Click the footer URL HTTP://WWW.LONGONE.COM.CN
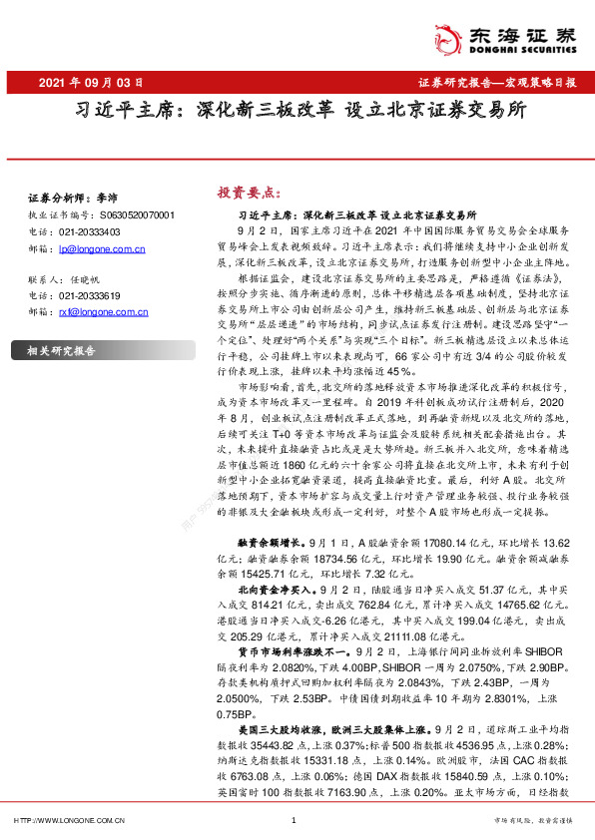point(67,820)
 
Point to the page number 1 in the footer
point(294,820)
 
